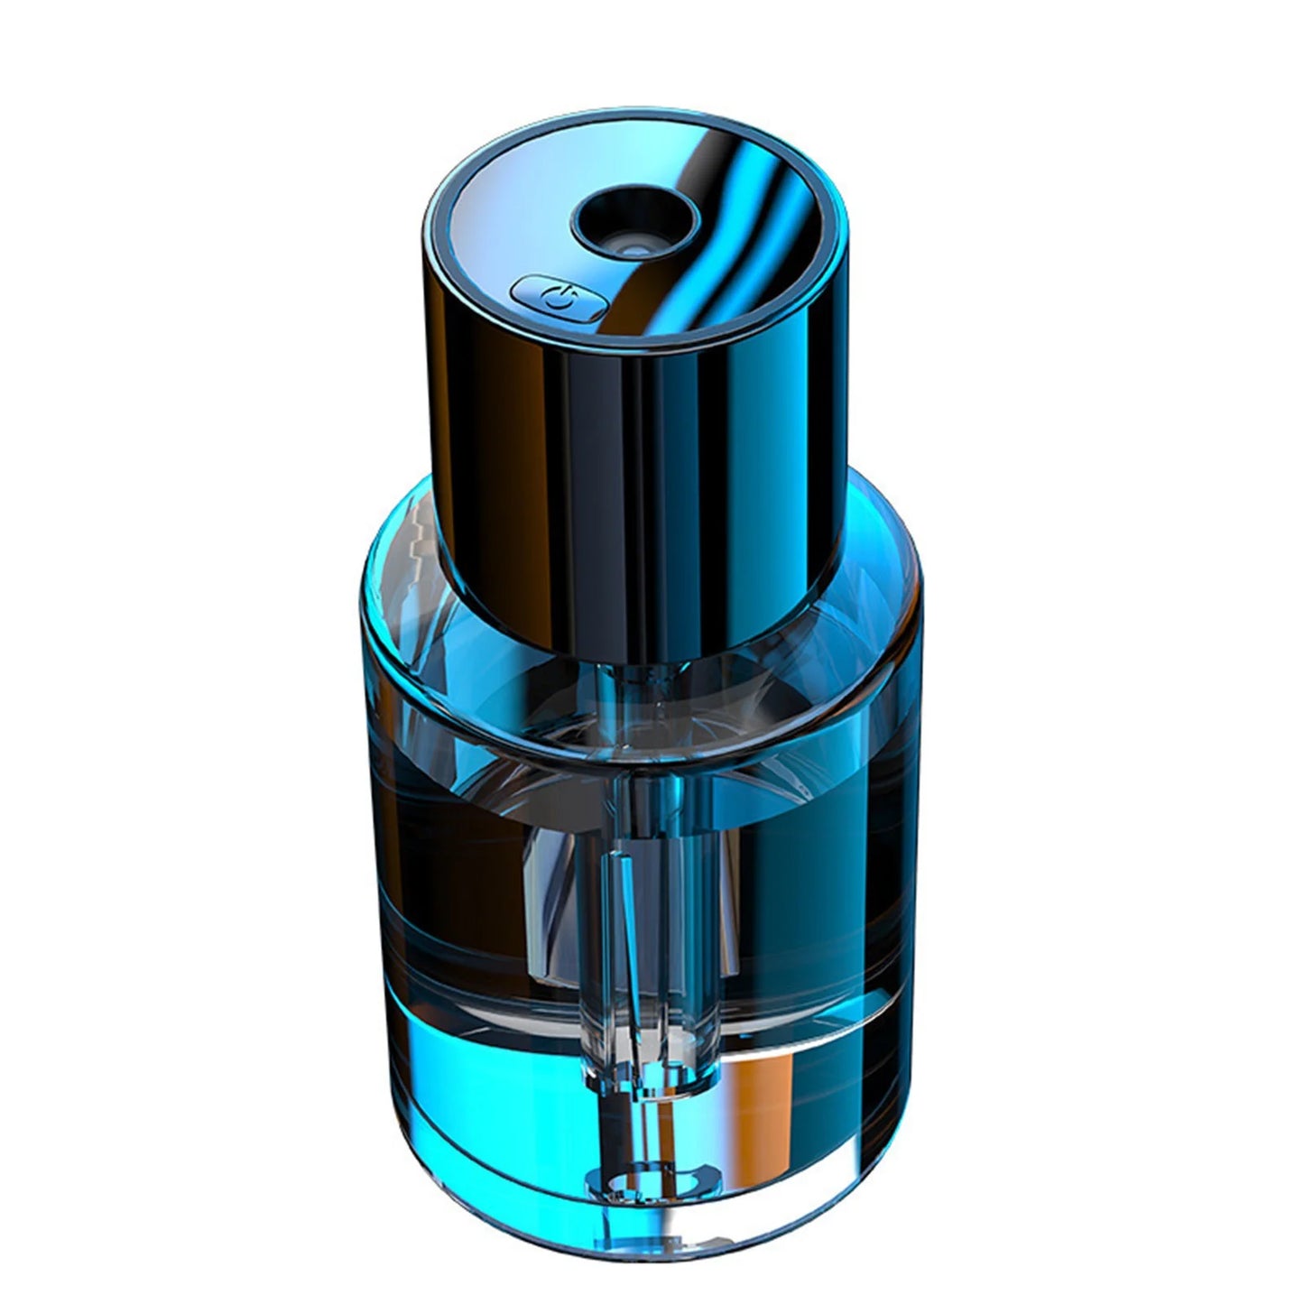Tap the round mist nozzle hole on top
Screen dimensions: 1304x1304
tap(634, 222)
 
